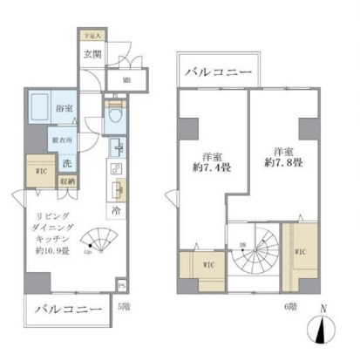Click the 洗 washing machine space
click(x=65, y=162)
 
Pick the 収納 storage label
click(x=67, y=181)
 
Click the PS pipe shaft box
click(x=121, y=285)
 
